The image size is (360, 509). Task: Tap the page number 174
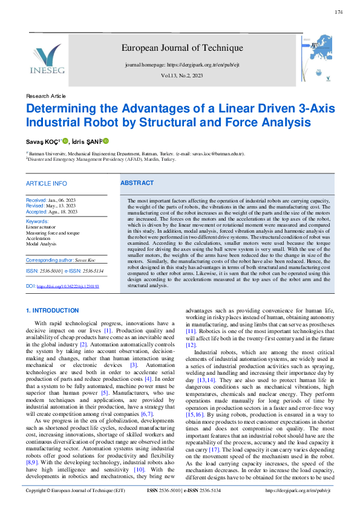pyautogui.click(x=338, y=12)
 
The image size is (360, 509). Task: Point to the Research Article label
pyautogui.click(x=46, y=96)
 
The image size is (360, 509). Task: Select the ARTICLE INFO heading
pyautogui.click(x=47, y=183)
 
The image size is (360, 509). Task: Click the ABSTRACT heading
pyautogui.click(x=137, y=183)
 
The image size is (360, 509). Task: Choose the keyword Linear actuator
pyautogui.click(x=41, y=228)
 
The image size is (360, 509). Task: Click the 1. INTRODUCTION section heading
pyautogui.click(x=52, y=311)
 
